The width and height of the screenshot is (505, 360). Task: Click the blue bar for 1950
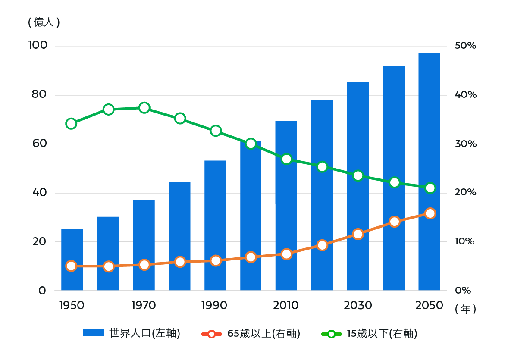point(72,259)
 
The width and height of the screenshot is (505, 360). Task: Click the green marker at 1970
point(144,108)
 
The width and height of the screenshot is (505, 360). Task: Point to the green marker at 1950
point(71,124)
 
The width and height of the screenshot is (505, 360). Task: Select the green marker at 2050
point(430,188)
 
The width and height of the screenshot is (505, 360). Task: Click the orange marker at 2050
point(430,213)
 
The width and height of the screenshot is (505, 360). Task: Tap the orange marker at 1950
point(71,266)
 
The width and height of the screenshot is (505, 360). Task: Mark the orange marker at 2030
point(358,234)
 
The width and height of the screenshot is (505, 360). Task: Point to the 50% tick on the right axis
point(465,46)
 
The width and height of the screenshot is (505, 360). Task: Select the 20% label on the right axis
point(465,192)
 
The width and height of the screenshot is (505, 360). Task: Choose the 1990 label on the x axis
point(214,306)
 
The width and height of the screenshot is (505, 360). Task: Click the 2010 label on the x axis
point(286,306)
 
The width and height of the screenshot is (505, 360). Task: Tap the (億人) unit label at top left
point(44,22)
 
